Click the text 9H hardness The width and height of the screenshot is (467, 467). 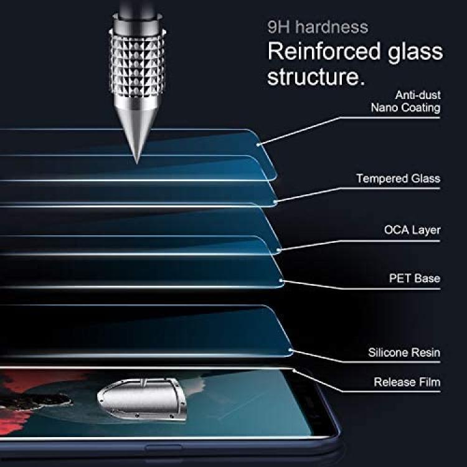tap(318, 27)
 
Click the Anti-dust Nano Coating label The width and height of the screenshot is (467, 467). tap(405, 101)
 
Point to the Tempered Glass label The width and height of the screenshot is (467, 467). tap(399, 179)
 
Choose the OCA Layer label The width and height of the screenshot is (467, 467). tap(412, 230)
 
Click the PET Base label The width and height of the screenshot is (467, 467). tap(415, 278)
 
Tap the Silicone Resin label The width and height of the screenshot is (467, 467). tap(404, 352)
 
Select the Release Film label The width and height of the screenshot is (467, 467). tap(407, 382)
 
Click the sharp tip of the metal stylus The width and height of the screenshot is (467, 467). tap(137, 163)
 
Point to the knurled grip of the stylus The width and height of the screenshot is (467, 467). tap(138, 64)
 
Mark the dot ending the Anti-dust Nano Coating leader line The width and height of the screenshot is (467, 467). tap(258, 144)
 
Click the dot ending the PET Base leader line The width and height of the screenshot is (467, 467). tap(281, 281)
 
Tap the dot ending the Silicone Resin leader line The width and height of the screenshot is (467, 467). tap(290, 350)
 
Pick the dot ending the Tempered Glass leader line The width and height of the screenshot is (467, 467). tap(275, 202)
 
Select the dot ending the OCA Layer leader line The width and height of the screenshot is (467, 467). tap(278, 250)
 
